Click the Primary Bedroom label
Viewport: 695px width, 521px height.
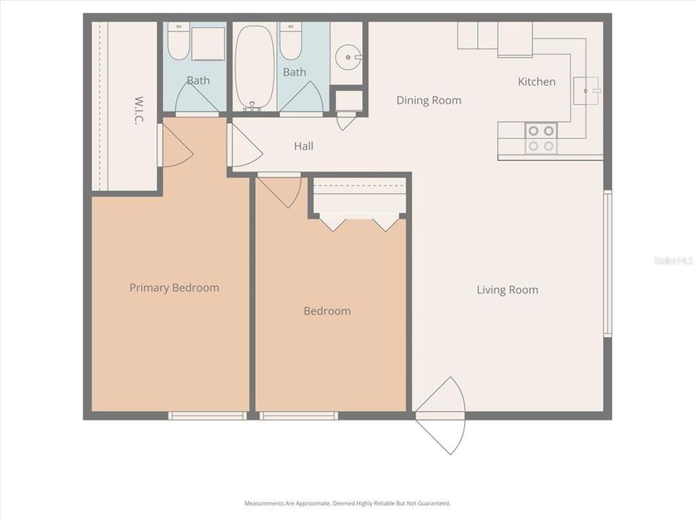click(x=174, y=288)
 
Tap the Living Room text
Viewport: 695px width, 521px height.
click(x=507, y=290)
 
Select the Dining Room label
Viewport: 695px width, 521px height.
click(x=429, y=101)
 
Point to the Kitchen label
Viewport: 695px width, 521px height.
click(x=536, y=82)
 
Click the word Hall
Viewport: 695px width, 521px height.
click(x=303, y=146)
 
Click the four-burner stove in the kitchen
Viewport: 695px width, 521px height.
click(x=541, y=138)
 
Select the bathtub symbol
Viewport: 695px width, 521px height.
click(x=254, y=67)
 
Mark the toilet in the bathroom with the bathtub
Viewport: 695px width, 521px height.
click(x=291, y=42)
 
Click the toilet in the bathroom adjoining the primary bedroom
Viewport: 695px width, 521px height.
click(x=178, y=42)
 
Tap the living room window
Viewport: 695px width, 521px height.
click(x=607, y=263)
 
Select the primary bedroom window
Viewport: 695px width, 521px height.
click(x=207, y=416)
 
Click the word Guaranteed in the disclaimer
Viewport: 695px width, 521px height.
click(x=432, y=503)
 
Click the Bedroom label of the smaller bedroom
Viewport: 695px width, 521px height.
click(x=327, y=311)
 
